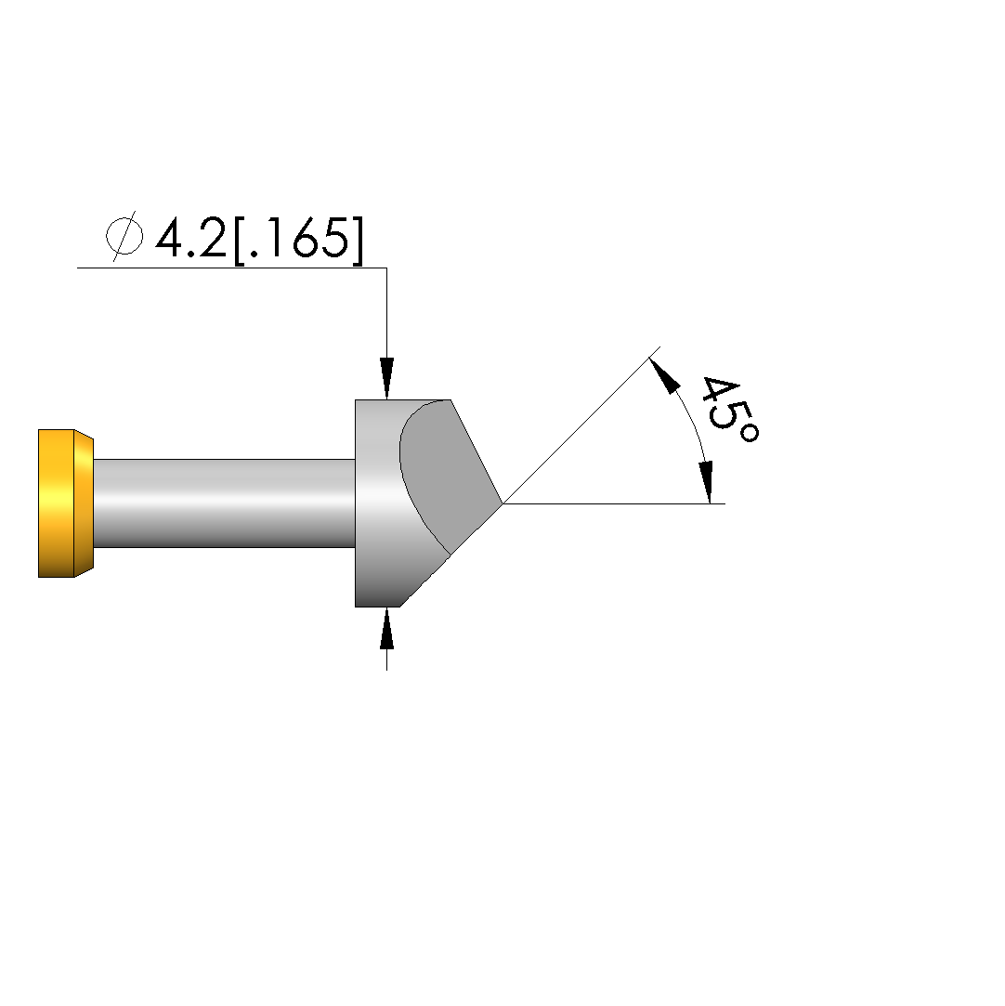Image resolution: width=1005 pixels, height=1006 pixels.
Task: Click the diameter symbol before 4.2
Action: [x=124, y=236]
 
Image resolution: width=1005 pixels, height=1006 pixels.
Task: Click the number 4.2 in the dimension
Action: [x=191, y=237]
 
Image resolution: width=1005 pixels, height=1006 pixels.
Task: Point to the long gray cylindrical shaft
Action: [x=225, y=503]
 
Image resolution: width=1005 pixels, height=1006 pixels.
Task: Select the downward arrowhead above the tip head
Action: [x=386, y=379]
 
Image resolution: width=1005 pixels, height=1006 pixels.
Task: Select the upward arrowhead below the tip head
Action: [x=386, y=629]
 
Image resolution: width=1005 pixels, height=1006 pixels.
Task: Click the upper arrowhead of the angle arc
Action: [x=664, y=375]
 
